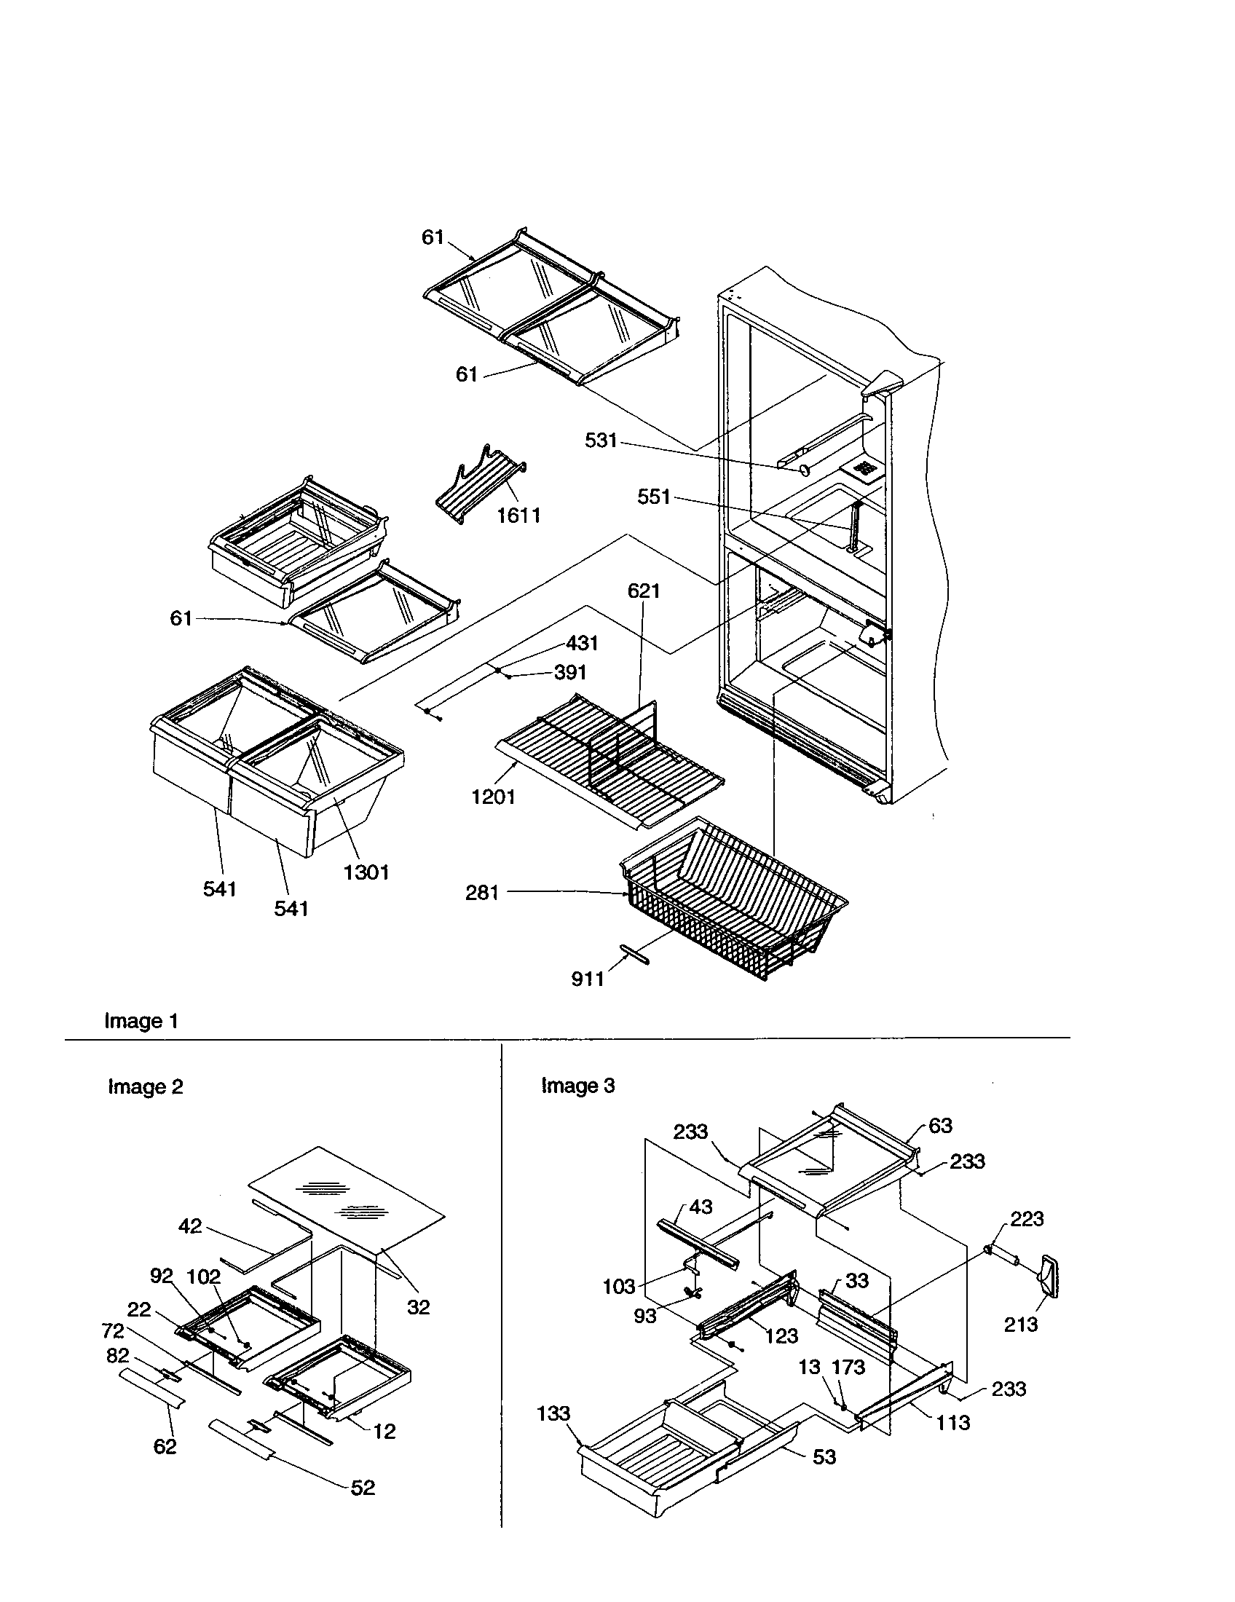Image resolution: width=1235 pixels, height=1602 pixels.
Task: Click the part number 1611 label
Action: [x=518, y=516]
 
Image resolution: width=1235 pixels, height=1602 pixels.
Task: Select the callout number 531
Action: [x=601, y=441]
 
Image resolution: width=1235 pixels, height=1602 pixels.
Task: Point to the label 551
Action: [x=654, y=497]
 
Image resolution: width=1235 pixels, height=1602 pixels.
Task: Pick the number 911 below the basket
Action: [x=588, y=979]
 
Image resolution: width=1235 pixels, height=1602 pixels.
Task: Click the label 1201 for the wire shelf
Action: [x=493, y=797]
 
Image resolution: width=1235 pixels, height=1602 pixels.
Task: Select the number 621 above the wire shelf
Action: [x=644, y=591]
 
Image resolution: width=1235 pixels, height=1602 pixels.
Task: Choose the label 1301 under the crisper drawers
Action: [x=366, y=872]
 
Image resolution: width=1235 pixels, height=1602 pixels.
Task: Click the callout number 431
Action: [x=583, y=643]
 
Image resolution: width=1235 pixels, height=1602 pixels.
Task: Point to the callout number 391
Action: [x=570, y=672]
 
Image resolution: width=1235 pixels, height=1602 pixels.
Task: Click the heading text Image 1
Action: [x=141, y=1021]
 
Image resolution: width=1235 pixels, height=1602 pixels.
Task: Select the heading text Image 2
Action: [x=145, y=1086]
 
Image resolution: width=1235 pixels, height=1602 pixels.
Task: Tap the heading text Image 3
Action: [x=578, y=1085]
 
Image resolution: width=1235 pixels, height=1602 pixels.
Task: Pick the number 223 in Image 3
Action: [x=1027, y=1219]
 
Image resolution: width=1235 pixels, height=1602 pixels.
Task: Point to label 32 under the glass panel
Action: [x=419, y=1307]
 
